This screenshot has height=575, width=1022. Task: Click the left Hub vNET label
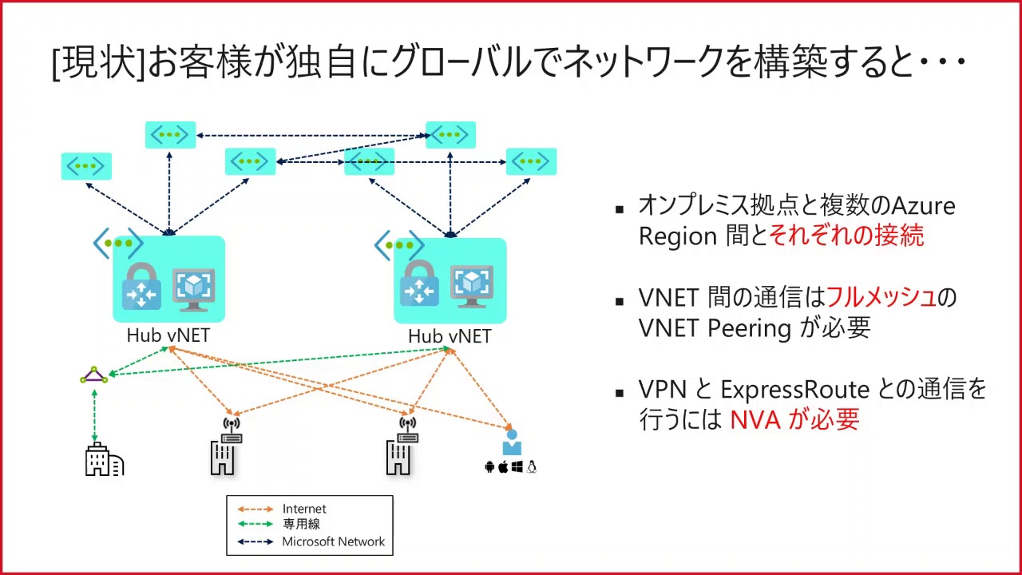(x=168, y=335)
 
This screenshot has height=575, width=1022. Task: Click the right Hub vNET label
(x=449, y=336)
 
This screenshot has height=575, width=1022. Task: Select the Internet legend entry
(x=304, y=509)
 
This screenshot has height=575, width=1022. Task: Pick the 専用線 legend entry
(x=301, y=525)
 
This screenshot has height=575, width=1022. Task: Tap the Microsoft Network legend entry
(x=333, y=541)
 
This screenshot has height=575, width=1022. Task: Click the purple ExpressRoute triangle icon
(x=94, y=375)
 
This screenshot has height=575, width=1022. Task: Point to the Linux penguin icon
(x=532, y=467)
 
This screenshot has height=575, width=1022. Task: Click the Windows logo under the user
(x=517, y=467)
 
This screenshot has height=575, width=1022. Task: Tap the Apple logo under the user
(x=503, y=467)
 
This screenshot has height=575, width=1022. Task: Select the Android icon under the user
(x=489, y=467)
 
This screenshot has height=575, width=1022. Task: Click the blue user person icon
(x=511, y=442)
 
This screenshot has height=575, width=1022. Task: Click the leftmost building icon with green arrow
(x=104, y=461)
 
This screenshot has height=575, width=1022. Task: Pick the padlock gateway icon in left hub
(x=141, y=287)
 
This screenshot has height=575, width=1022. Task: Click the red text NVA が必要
(x=794, y=419)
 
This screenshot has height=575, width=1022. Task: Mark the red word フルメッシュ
(x=881, y=297)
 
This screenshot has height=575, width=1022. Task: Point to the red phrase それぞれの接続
(x=846, y=236)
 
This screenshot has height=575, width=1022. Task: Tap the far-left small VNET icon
(x=86, y=166)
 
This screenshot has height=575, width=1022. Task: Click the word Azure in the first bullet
(x=923, y=206)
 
